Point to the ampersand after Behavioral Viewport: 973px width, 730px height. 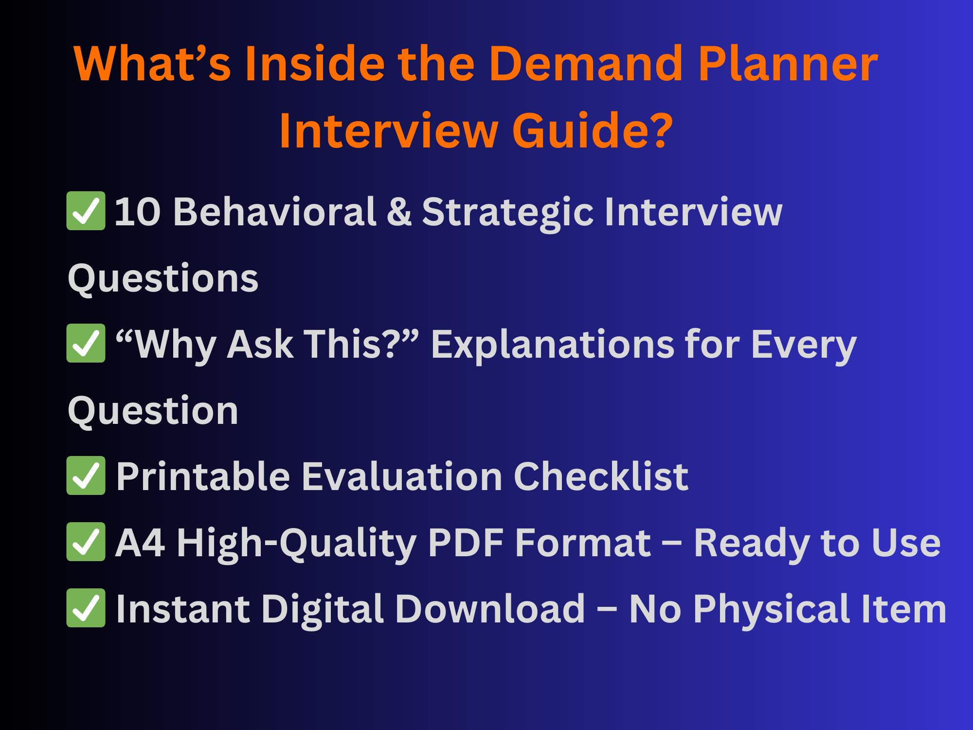pos(398,212)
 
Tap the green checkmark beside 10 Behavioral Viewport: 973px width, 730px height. pos(86,211)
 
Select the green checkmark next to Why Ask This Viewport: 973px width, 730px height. pos(86,343)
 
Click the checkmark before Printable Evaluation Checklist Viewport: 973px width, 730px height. pos(86,475)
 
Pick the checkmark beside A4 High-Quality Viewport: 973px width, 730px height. pos(86,542)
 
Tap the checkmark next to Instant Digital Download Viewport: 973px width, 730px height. pos(86,608)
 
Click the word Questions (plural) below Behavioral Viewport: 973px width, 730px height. pos(163,279)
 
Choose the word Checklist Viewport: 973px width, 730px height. pos(601,476)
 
